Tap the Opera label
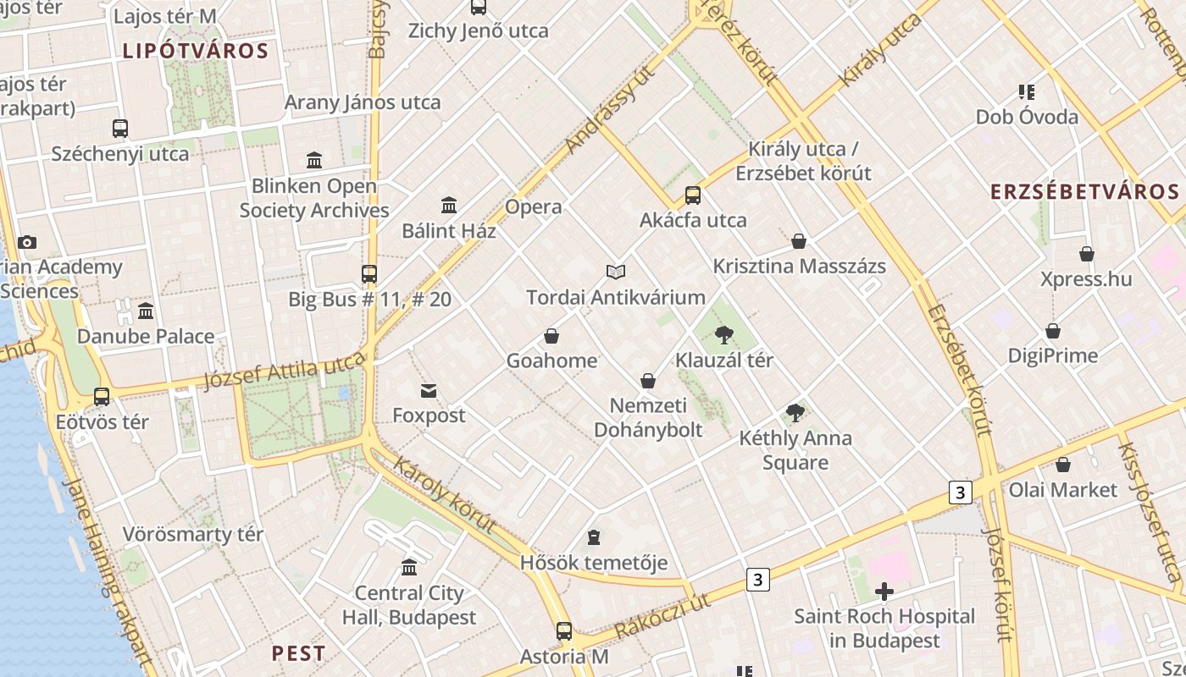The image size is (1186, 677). [533, 207]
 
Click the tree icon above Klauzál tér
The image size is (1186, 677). [723, 336]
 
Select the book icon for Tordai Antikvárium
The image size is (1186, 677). [616, 272]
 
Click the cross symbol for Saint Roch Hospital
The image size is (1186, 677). [884, 592]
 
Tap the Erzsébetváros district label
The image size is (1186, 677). [1084, 192]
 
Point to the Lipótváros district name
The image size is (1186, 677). [196, 51]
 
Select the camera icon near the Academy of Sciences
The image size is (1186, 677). [27, 243]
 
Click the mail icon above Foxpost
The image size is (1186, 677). [429, 391]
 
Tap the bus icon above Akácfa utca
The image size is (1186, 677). [693, 195]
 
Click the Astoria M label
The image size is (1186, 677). [564, 657]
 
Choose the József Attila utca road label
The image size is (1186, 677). [284, 372]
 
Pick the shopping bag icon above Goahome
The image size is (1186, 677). [551, 337]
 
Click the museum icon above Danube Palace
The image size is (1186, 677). [146, 311]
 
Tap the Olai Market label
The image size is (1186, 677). [1062, 490]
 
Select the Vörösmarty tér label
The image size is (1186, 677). [193, 535]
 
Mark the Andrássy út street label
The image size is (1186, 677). [599, 110]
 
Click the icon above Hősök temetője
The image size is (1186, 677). [594, 538]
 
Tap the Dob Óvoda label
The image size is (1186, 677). [1027, 117]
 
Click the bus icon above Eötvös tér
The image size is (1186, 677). [102, 397]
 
